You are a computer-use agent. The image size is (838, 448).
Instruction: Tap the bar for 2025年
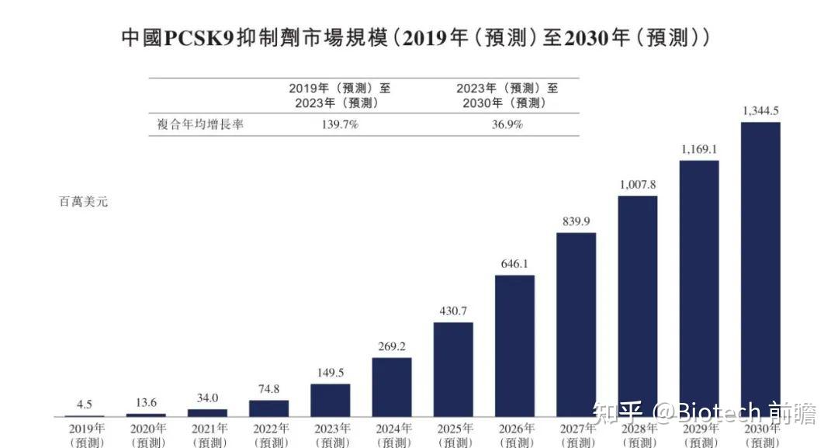pyautogui.click(x=453, y=369)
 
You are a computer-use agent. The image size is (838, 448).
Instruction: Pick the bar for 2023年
pyautogui.click(x=330, y=400)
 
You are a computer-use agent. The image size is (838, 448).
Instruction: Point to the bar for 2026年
pyautogui.click(x=514, y=346)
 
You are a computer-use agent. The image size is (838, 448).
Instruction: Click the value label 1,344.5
pyautogui.click(x=760, y=111)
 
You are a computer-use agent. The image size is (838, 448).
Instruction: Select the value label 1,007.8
pyautogui.click(x=637, y=185)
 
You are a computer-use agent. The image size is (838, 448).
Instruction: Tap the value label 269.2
pyautogui.click(x=391, y=346)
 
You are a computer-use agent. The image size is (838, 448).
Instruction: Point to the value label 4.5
pyautogui.click(x=84, y=404)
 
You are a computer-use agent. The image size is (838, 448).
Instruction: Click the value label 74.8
pyautogui.click(x=268, y=389)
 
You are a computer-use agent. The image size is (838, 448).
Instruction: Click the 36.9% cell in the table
pyautogui.click(x=507, y=124)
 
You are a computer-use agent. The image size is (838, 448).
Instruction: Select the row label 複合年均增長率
pyautogui.click(x=200, y=124)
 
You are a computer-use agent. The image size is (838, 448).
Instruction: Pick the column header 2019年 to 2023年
pyautogui.click(x=339, y=95)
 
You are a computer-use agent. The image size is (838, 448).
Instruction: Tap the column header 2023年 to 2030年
pyautogui.click(x=507, y=95)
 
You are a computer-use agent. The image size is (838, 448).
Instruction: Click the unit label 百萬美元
pyautogui.click(x=84, y=202)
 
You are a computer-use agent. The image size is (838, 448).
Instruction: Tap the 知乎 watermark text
pyautogui.click(x=618, y=412)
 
